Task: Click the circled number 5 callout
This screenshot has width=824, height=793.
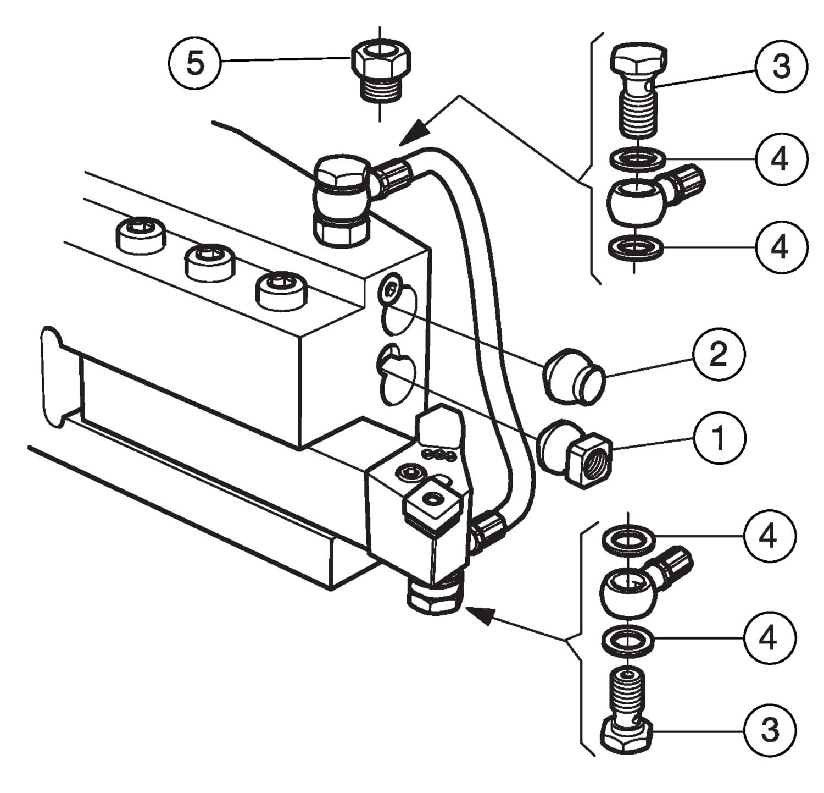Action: [194, 64]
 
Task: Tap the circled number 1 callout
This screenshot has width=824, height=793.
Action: [719, 438]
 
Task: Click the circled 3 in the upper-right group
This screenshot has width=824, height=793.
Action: [781, 67]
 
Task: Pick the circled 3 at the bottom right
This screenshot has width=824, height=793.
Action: [770, 730]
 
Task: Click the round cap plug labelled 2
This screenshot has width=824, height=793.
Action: [573, 377]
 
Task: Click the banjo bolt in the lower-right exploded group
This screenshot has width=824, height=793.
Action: [627, 709]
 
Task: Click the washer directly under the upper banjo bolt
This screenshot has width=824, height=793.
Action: [637, 159]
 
